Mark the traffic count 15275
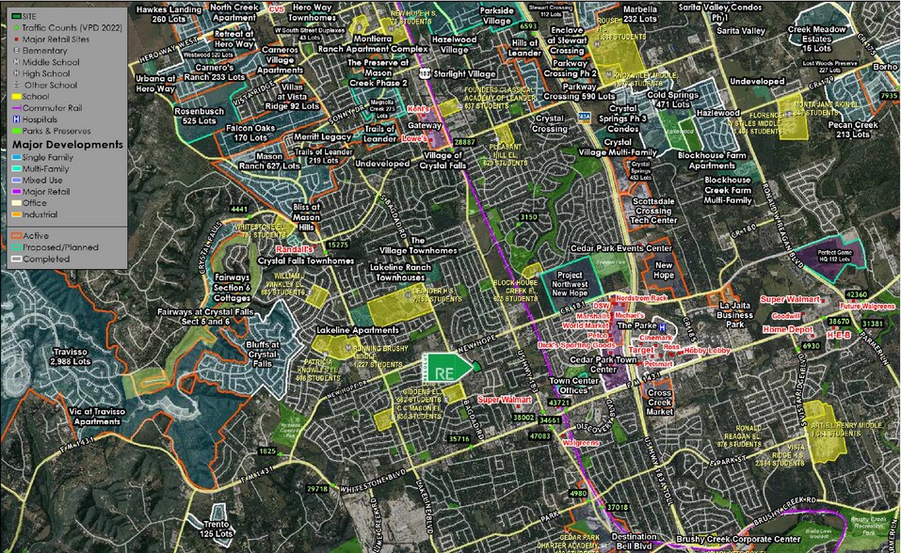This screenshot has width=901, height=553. pyautogui.click(x=337, y=245)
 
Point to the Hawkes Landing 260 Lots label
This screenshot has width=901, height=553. pyautogui.click(x=169, y=13)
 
